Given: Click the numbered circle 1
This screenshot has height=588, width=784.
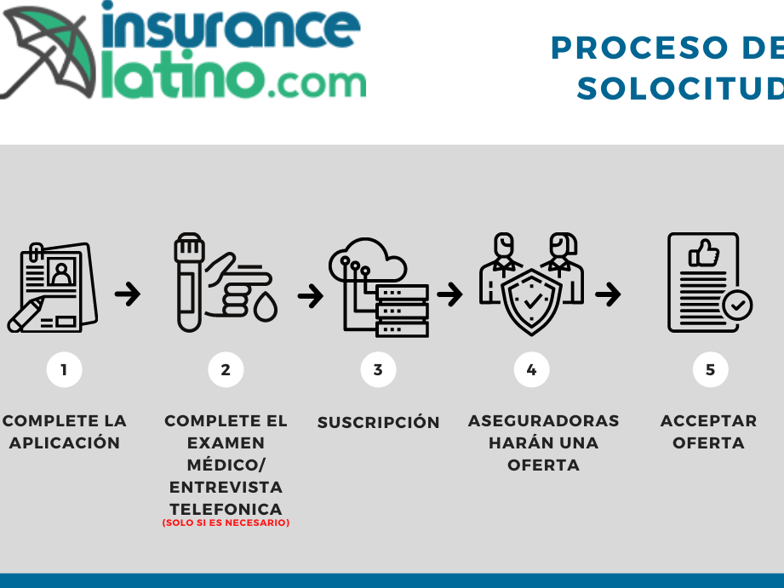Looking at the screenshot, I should pos(64,369).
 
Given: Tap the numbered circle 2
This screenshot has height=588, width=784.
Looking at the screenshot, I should pos(226,369).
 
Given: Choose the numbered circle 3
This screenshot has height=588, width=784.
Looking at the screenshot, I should pos(378,369).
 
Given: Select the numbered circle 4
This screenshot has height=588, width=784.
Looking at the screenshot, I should pos(531,369).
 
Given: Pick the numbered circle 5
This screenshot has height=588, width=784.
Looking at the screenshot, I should pos(710,369).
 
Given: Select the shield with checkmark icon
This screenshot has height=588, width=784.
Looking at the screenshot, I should pos(532,300).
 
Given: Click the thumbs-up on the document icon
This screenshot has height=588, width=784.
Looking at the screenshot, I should pos(704,253).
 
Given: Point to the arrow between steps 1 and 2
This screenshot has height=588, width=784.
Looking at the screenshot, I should pos(128,294).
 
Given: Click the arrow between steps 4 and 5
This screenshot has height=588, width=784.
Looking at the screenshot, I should pos(608,294).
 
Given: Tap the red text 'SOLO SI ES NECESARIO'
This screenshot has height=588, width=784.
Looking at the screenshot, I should pos(226,522).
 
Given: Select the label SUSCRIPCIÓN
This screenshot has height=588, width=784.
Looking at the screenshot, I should pos(378,422).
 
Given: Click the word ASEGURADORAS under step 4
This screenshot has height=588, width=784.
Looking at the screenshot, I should pos(543,420).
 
